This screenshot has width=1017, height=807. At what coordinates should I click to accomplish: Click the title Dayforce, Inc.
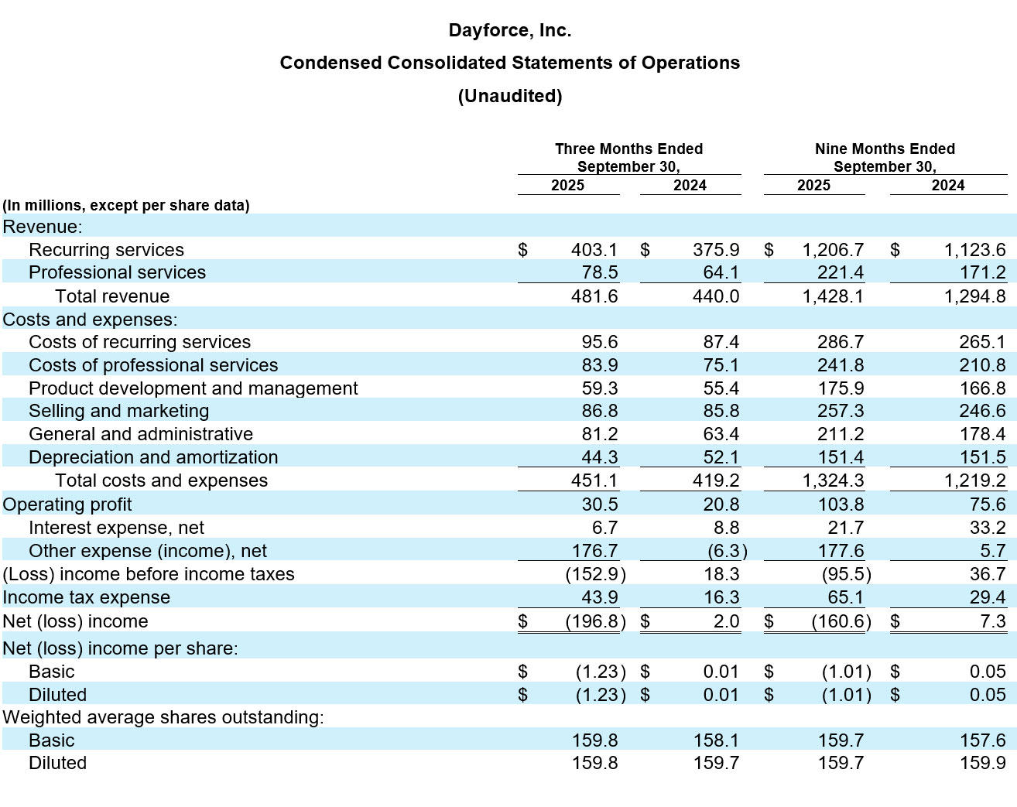tap(509, 31)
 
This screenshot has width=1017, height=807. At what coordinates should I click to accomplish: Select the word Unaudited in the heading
tap(509, 96)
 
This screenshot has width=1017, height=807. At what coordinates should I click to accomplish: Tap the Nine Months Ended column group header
tap(885, 149)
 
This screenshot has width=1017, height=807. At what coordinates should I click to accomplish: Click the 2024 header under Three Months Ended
tap(689, 186)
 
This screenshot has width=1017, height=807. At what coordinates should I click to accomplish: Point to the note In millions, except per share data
tap(126, 206)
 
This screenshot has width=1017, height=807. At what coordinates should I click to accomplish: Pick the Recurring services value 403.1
tap(594, 250)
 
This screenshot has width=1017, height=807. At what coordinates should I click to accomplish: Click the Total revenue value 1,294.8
tap(974, 296)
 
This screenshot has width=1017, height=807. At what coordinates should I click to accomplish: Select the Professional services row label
tap(117, 272)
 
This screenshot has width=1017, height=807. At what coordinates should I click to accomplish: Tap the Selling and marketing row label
tap(118, 411)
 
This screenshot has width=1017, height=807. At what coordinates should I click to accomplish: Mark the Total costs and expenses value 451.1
tap(594, 480)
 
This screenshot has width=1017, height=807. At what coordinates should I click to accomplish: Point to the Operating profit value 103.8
tap(841, 504)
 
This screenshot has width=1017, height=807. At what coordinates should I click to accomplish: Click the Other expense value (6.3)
tap(727, 551)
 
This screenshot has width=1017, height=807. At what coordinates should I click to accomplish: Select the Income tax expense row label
tap(86, 597)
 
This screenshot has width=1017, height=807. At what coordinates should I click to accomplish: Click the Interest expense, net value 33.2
tap(987, 528)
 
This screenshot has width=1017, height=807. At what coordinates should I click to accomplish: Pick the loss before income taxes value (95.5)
tap(845, 574)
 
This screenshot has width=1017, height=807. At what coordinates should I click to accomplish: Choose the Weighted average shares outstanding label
tap(163, 717)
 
